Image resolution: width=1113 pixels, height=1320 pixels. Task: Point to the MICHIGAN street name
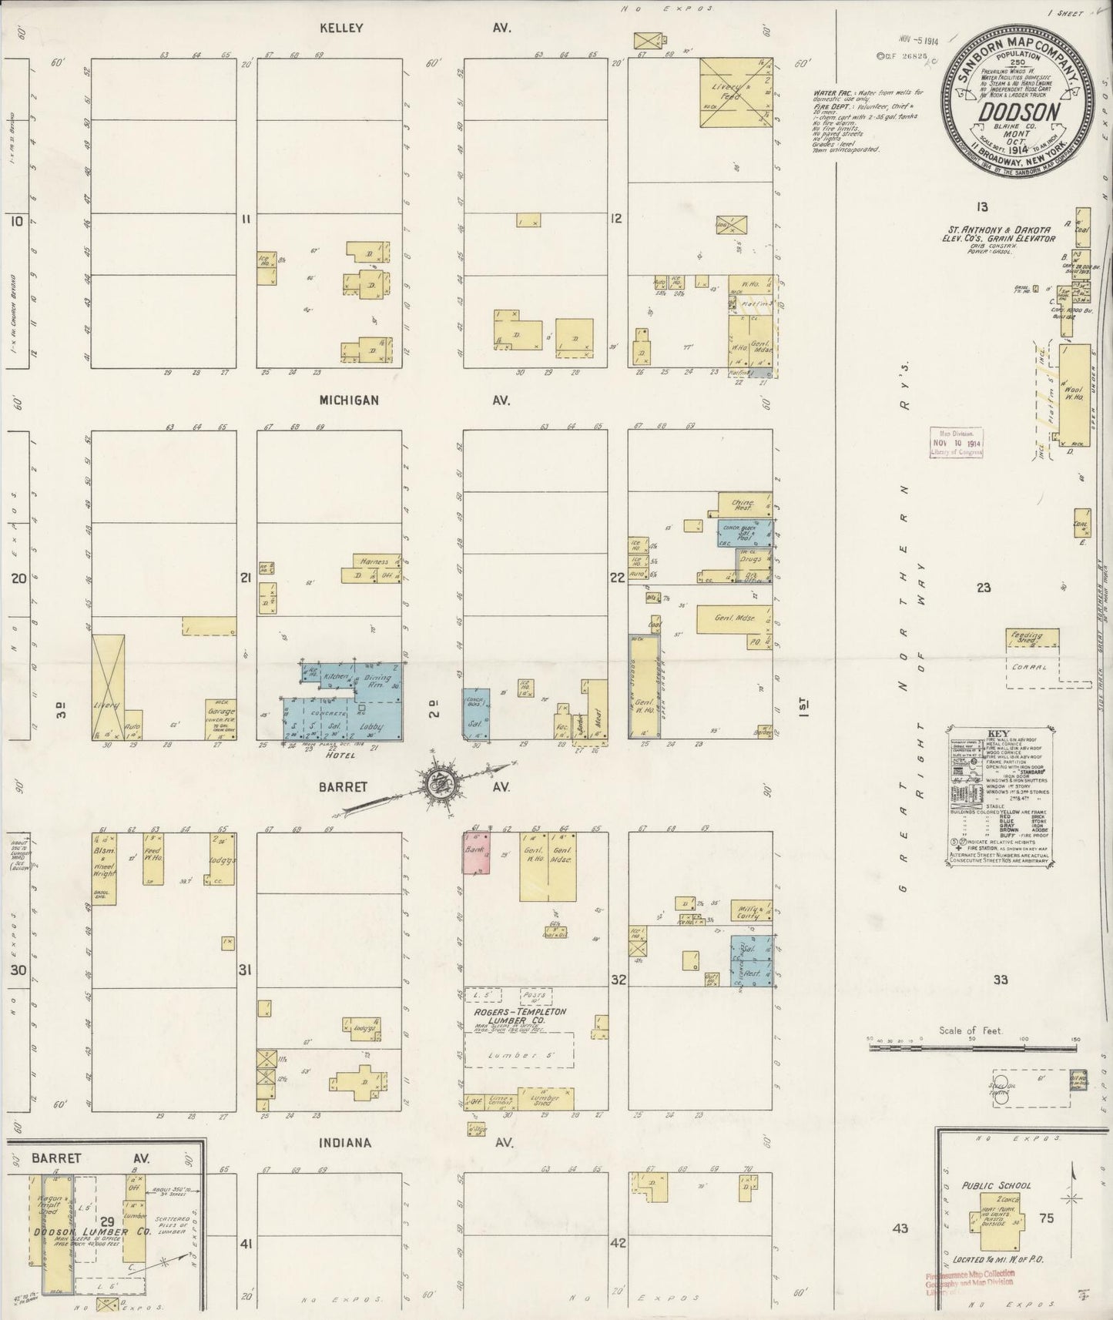pos(349,400)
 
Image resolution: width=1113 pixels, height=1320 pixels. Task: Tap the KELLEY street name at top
pos(341,28)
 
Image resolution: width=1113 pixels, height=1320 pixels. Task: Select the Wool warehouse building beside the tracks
pos(1075,397)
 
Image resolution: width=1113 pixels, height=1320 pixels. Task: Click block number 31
pos(244,970)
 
